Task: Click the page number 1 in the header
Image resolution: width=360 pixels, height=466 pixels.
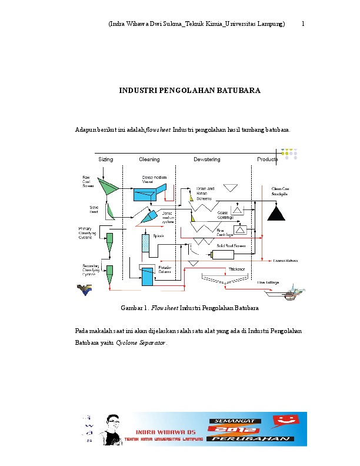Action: (x=303, y=24)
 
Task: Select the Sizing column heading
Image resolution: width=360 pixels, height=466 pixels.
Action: (x=106, y=159)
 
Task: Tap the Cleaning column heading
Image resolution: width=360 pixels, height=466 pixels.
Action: (x=149, y=159)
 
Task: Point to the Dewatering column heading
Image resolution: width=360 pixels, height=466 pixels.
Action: (x=207, y=159)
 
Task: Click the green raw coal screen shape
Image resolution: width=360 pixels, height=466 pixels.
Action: (x=108, y=187)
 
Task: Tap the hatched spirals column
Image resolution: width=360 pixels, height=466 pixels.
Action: (x=146, y=243)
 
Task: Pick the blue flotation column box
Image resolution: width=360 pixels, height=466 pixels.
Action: (x=146, y=278)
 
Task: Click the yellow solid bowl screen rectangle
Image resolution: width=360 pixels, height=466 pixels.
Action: (x=222, y=254)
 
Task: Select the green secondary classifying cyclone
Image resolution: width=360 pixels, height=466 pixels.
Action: (x=109, y=272)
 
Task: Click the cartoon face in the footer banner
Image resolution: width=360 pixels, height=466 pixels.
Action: (x=112, y=428)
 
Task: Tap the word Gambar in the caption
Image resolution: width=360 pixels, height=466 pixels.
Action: (x=131, y=308)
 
